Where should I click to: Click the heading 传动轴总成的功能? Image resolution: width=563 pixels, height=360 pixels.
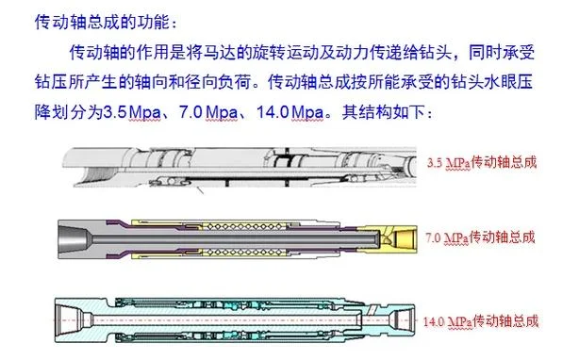(102, 22)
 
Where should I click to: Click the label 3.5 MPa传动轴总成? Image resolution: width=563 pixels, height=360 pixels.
(482, 163)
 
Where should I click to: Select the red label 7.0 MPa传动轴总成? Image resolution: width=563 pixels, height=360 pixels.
(480, 237)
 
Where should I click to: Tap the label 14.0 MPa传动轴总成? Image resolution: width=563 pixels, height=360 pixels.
(481, 320)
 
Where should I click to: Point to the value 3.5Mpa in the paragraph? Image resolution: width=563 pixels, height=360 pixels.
(132, 112)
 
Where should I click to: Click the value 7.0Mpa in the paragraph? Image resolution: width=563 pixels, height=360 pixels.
(208, 112)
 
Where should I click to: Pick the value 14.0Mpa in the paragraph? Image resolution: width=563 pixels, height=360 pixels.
(290, 112)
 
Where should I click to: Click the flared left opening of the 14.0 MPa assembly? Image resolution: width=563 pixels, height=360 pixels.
(70, 319)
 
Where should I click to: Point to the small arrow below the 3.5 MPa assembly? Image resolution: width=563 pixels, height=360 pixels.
(199, 189)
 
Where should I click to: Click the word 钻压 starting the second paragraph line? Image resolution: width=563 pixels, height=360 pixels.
(51, 82)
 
